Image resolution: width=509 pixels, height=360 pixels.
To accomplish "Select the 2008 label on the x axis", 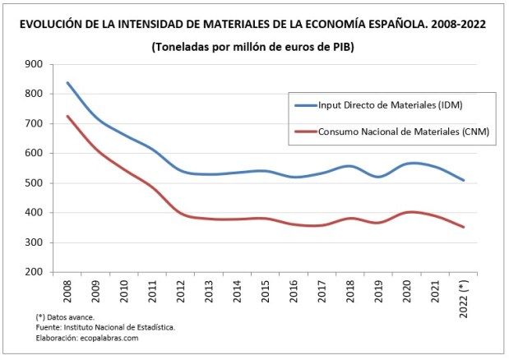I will click(67, 290).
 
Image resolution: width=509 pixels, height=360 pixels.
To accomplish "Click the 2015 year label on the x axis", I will click(266, 290).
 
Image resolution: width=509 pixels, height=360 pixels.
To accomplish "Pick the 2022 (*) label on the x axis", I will click(465, 294).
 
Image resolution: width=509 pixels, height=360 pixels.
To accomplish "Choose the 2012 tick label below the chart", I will click(180, 290).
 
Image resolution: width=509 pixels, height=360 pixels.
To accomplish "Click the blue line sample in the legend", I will click(311, 104).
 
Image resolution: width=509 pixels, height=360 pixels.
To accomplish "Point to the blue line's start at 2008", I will click(67, 83).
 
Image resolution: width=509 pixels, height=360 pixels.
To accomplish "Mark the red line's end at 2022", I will click(465, 227).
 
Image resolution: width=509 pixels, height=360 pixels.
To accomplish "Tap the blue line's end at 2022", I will click(465, 180).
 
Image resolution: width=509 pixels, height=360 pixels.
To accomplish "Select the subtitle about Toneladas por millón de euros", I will click(252, 47).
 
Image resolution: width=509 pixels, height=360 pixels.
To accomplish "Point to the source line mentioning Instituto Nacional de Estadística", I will click(105, 327).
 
